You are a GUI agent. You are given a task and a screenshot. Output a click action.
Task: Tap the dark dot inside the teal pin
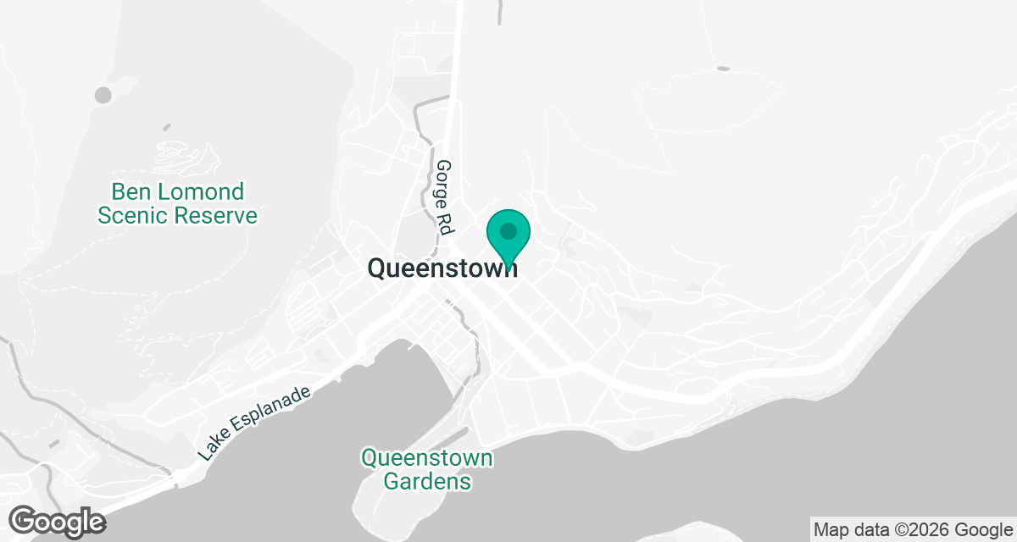click(508, 230)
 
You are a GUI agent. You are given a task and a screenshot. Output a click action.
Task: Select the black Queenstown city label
click(442, 268)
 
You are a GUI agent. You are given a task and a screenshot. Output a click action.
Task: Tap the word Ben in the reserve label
click(131, 192)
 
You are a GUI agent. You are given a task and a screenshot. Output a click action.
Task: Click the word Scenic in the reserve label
click(132, 215)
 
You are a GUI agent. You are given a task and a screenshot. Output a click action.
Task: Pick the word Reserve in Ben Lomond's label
click(215, 215)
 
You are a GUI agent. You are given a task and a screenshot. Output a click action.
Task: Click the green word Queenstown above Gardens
click(427, 458)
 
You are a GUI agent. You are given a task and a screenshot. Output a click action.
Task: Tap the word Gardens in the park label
click(427, 481)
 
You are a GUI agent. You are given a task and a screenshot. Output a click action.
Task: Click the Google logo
click(58, 520)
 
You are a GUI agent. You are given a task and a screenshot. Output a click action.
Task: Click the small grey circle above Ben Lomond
click(103, 95)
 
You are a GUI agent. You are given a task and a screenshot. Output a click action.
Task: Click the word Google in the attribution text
click(984, 530)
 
